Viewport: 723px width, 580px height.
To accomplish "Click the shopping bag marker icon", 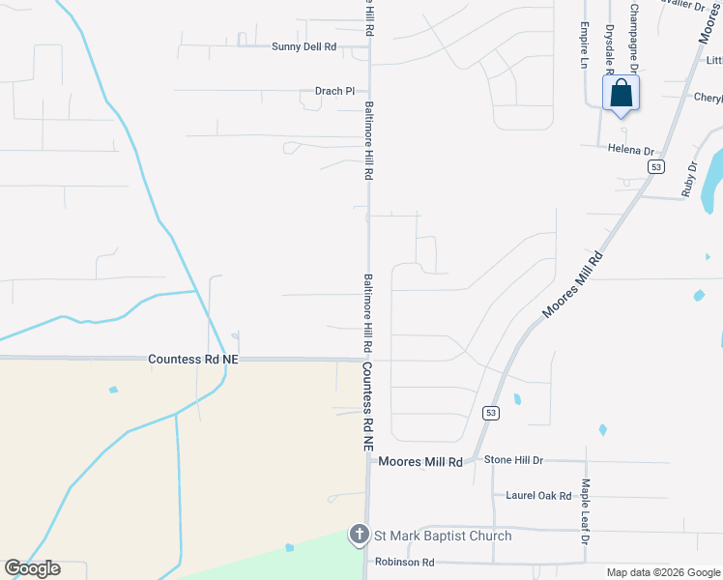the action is coord(621,95).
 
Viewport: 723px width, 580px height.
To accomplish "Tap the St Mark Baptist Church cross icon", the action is coord(359,535).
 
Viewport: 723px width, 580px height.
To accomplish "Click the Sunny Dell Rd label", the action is coord(304,46).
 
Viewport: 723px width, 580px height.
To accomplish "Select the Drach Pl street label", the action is coord(335,92).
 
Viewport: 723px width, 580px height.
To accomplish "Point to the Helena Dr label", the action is coord(631,151).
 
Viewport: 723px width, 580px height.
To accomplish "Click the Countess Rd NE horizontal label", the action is coord(193,359).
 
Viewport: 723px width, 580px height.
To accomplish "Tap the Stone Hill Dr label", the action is coord(513,460).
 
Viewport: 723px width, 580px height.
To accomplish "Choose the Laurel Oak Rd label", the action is coord(538,496).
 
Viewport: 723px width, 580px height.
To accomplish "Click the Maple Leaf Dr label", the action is coord(585,509).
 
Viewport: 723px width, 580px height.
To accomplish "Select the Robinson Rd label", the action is coord(405,562).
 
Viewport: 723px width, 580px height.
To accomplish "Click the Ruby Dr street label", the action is coord(689,179).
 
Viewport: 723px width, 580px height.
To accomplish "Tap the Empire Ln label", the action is coord(585,45).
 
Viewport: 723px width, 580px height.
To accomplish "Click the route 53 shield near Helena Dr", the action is coord(656,167).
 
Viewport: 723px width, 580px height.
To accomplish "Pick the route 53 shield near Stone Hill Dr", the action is coord(491,413).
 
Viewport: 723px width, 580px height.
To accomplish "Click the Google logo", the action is coord(32,568).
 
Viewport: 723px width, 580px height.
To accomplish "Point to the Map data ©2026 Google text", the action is coord(662,572).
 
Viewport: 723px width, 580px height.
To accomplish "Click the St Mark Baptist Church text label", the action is coord(443,536).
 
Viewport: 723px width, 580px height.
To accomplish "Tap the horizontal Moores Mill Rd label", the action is coord(420,462).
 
